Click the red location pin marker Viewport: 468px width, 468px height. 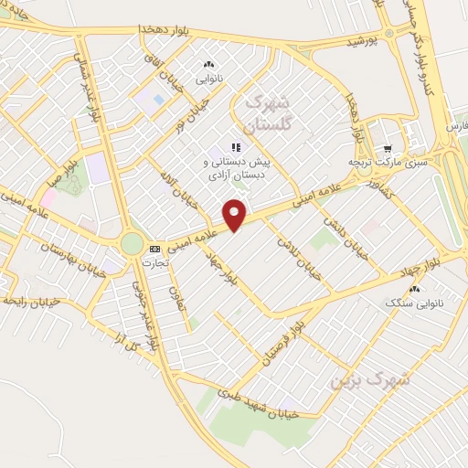tap(235, 214)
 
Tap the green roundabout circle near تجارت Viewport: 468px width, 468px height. tap(132, 244)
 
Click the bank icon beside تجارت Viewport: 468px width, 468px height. tap(154, 249)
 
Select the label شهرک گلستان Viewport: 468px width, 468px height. tap(268, 112)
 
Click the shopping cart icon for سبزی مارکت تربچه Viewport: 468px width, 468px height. tap(388, 149)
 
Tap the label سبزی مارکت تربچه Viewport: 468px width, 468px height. tap(386, 162)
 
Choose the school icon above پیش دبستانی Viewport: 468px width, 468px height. tap(235, 146)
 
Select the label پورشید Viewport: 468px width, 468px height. tap(361, 42)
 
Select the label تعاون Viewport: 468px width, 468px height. tap(175, 296)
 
